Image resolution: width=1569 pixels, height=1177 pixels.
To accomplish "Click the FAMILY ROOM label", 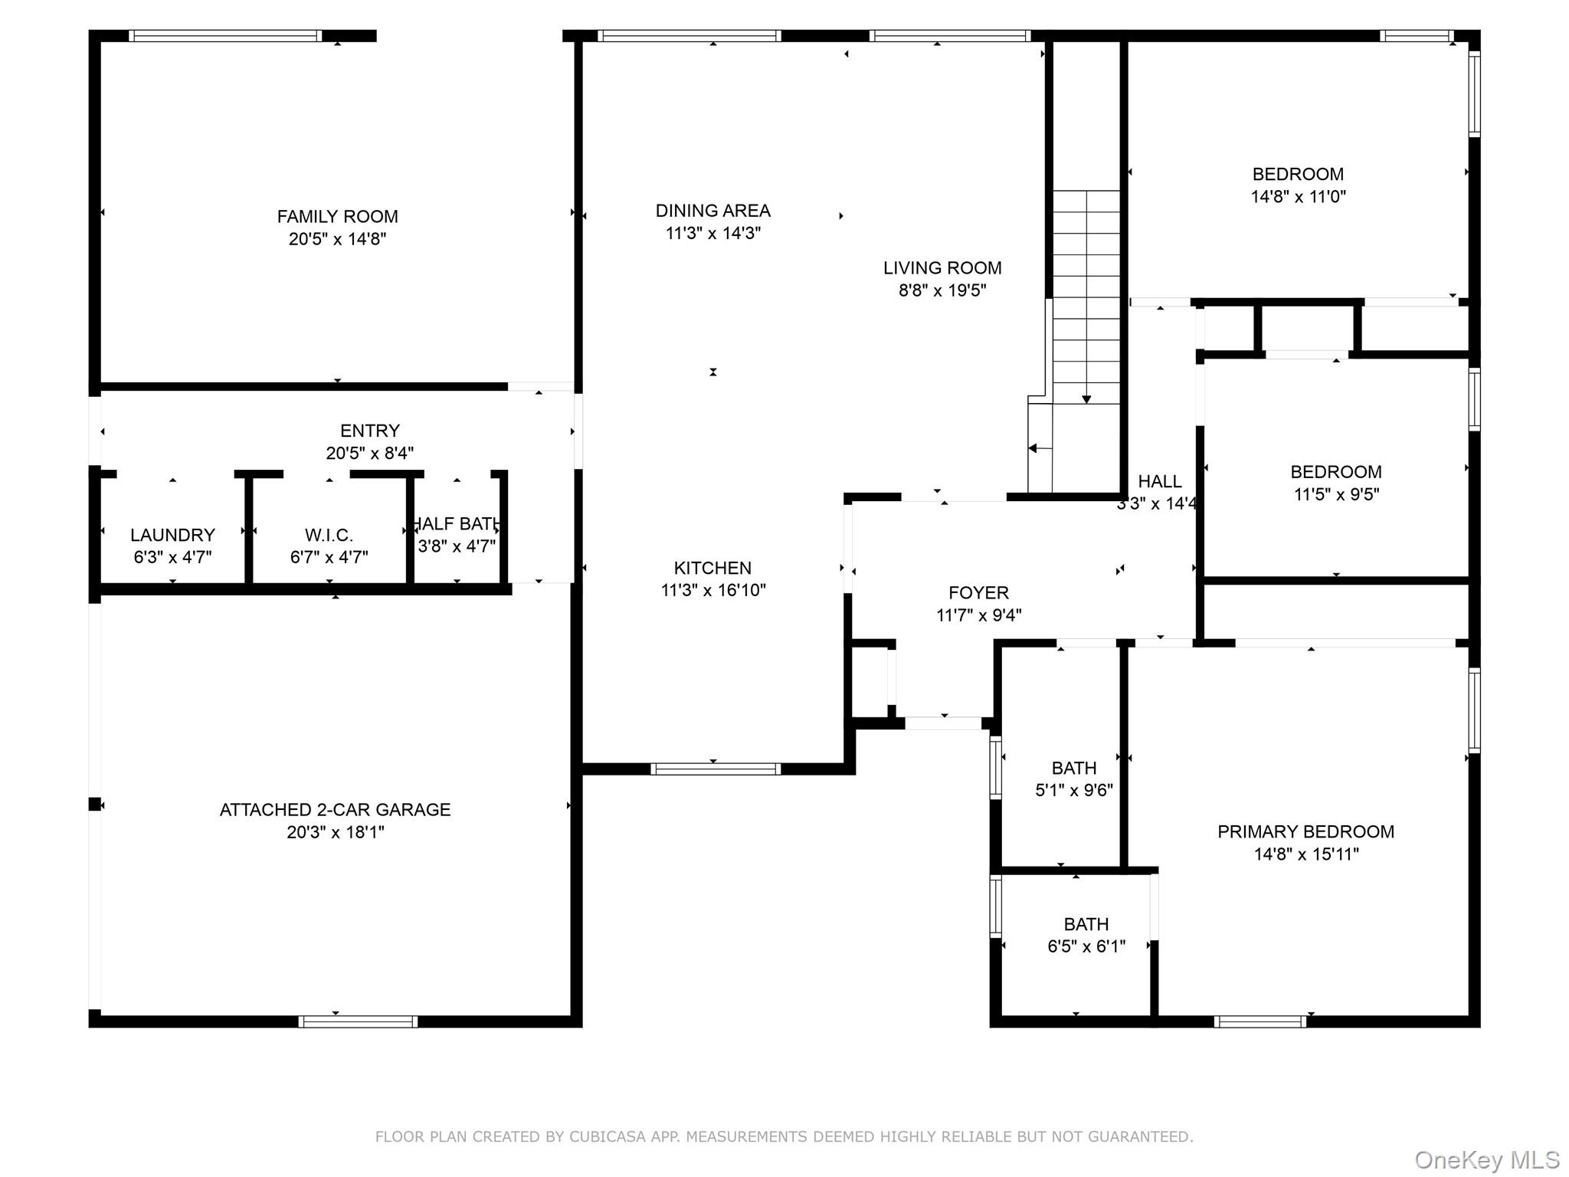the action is coord(337,217).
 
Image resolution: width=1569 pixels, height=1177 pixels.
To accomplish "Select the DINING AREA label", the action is coord(712,211).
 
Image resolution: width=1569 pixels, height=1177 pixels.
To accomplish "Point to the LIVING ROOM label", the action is coord(942,268).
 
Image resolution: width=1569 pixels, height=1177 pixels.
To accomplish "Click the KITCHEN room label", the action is coord(712,568).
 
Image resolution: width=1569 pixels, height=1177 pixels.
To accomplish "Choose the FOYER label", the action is coord(978,592).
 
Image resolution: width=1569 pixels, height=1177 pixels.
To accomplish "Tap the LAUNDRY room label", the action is coord(172,535).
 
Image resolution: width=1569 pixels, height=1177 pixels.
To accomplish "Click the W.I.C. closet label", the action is coord(329,535).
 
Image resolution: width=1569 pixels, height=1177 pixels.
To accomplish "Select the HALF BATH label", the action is coord(457,524).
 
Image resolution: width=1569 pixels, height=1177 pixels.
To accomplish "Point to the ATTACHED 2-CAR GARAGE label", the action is coord(335,810).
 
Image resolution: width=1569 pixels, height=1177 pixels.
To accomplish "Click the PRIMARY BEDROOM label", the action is coord(1305,832).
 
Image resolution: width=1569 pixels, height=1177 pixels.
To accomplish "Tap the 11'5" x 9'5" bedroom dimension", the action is coord(1336,494).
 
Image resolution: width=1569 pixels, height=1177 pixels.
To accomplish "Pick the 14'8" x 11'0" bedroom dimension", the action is coord(1298,197).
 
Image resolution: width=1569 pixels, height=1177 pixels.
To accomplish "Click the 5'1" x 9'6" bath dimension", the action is coord(1074,790).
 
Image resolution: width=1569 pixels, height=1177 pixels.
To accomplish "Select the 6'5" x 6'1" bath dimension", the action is coord(1086,946).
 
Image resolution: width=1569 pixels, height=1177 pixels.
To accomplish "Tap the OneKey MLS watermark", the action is coord(1487,1160).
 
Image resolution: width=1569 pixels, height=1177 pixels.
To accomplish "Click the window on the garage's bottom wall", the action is coord(358,1021).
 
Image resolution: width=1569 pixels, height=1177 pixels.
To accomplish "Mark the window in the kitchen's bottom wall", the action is coord(716,769).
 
